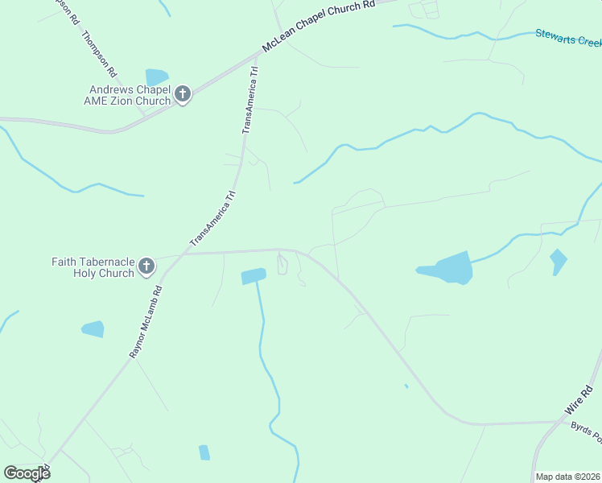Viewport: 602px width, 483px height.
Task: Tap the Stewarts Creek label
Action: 568,37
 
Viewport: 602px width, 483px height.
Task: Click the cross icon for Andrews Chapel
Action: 183,96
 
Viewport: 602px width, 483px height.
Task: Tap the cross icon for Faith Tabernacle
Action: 146,266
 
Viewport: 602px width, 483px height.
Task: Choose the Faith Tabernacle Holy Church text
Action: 93,267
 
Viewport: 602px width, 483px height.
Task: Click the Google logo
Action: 27,473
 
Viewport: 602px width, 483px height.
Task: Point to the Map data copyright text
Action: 567,477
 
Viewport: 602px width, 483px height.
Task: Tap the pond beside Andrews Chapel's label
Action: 156,77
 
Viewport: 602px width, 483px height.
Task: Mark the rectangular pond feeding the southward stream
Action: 253,276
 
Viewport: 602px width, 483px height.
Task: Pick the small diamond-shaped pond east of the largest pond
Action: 557,261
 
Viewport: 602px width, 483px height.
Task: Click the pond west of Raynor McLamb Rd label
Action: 93,328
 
